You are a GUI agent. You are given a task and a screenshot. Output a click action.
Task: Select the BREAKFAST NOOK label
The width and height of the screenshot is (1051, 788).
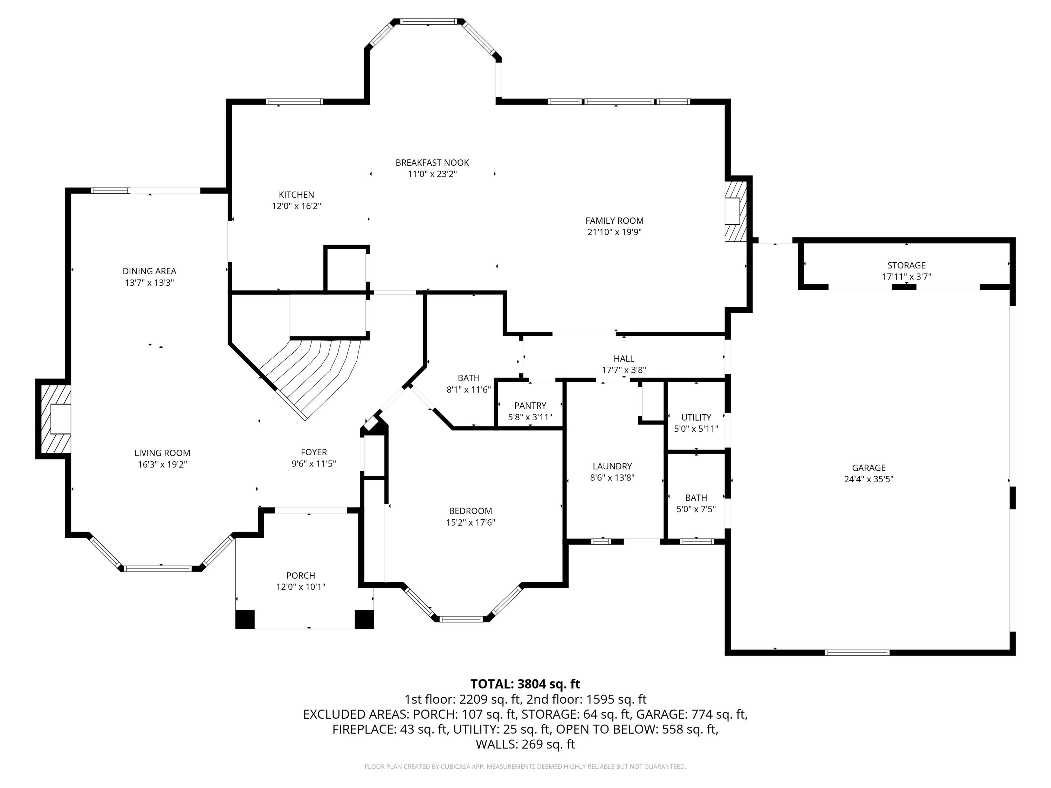pyautogui.click(x=432, y=163)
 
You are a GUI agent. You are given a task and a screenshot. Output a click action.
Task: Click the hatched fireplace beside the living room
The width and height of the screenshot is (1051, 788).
pyautogui.click(x=54, y=419)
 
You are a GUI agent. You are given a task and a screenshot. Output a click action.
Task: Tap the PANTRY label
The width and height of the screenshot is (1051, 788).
pyautogui.click(x=530, y=406)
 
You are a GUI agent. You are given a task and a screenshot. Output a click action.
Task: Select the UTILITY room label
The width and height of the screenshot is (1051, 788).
pyautogui.click(x=696, y=417)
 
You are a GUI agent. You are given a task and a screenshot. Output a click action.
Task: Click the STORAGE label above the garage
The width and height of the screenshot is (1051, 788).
pyautogui.click(x=906, y=265)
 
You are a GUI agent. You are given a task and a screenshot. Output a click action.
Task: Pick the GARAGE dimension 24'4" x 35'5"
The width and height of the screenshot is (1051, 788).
pyautogui.click(x=868, y=479)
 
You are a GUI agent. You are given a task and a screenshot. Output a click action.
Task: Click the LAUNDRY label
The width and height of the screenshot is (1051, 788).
pyautogui.click(x=612, y=466)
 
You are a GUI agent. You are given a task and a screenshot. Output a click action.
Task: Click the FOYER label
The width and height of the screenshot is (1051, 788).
pyautogui.click(x=314, y=452)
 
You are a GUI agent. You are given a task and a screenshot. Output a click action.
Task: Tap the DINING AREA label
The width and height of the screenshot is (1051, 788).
pyautogui.click(x=149, y=271)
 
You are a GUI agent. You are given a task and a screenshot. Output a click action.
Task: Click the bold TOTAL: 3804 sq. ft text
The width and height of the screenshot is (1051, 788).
pyautogui.click(x=525, y=684)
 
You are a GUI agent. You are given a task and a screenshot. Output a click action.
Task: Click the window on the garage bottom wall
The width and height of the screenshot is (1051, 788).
pyautogui.click(x=857, y=652)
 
